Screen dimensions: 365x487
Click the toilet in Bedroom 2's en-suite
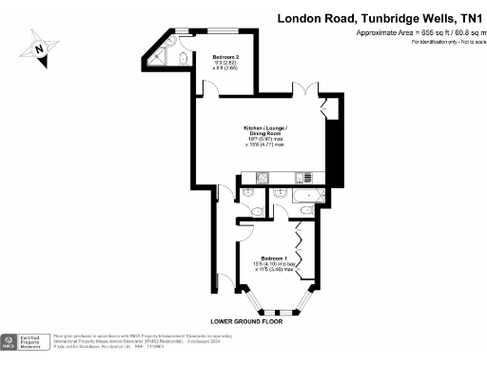tap(182, 58)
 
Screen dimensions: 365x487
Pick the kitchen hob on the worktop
tap(263, 178)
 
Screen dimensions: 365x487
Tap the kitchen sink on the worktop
tap(304, 178)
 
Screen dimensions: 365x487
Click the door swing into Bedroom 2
tap(214, 91)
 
